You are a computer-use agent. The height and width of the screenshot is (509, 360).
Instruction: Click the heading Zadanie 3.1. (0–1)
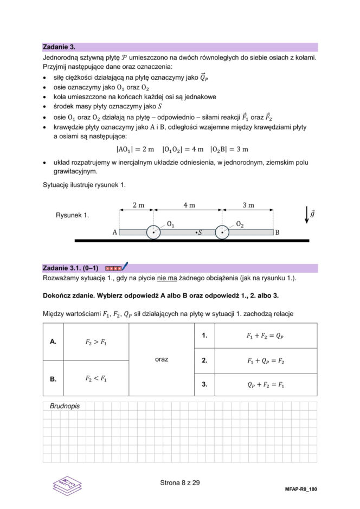pyautogui.click(x=70, y=268)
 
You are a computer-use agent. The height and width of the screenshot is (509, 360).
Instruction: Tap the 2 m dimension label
pyautogui.click(x=138, y=205)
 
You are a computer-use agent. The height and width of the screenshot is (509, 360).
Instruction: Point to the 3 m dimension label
pyautogui.click(x=248, y=205)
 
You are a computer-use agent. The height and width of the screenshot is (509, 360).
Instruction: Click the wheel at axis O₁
pyautogui.click(x=153, y=233)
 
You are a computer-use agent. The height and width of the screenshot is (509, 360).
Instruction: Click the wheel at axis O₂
pyautogui.click(x=222, y=233)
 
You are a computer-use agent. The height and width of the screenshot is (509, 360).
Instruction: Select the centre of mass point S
pyautogui.click(x=198, y=233)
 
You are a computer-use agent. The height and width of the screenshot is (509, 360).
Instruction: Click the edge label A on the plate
pyautogui.click(x=115, y=233)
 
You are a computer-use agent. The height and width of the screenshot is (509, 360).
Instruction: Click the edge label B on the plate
pyautogui.click(x=277, y=233)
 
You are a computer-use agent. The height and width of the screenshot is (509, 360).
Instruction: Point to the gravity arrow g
pyautogui.click(x=307, y=215)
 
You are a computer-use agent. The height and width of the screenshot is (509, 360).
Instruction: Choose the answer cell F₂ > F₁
pyautogui.click(x=96, y=342)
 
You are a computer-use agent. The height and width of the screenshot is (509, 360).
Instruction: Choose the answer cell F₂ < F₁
pyautogui.click(x=96, y=379)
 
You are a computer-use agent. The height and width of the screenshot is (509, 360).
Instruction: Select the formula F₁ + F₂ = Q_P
pyautogui.click(x=265, y=336)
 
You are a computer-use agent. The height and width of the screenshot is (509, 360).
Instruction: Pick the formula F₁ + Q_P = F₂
pyautogui.click(x=265, y=360)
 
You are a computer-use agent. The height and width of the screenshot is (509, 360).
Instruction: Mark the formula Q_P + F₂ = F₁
pyautogui.click(x=265, y=385)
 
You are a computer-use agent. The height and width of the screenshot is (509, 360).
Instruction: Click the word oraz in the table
pyautogui.click(x=162, y=359)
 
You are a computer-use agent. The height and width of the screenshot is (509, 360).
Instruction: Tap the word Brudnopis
pyautogui.click(x=65, y=406)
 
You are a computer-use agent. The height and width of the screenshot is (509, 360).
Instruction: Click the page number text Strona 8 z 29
pyautogui.click(x=180, y=482)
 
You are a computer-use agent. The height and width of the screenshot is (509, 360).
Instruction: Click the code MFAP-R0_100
pyautogui.click(x=300, y=489)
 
